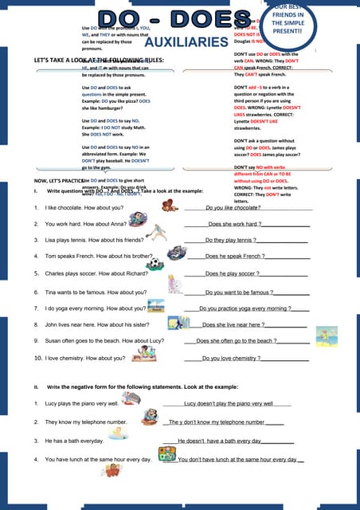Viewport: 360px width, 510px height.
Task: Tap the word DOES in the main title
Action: (x=215, y=19)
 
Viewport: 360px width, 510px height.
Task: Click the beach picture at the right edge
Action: (x=327, y=336)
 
